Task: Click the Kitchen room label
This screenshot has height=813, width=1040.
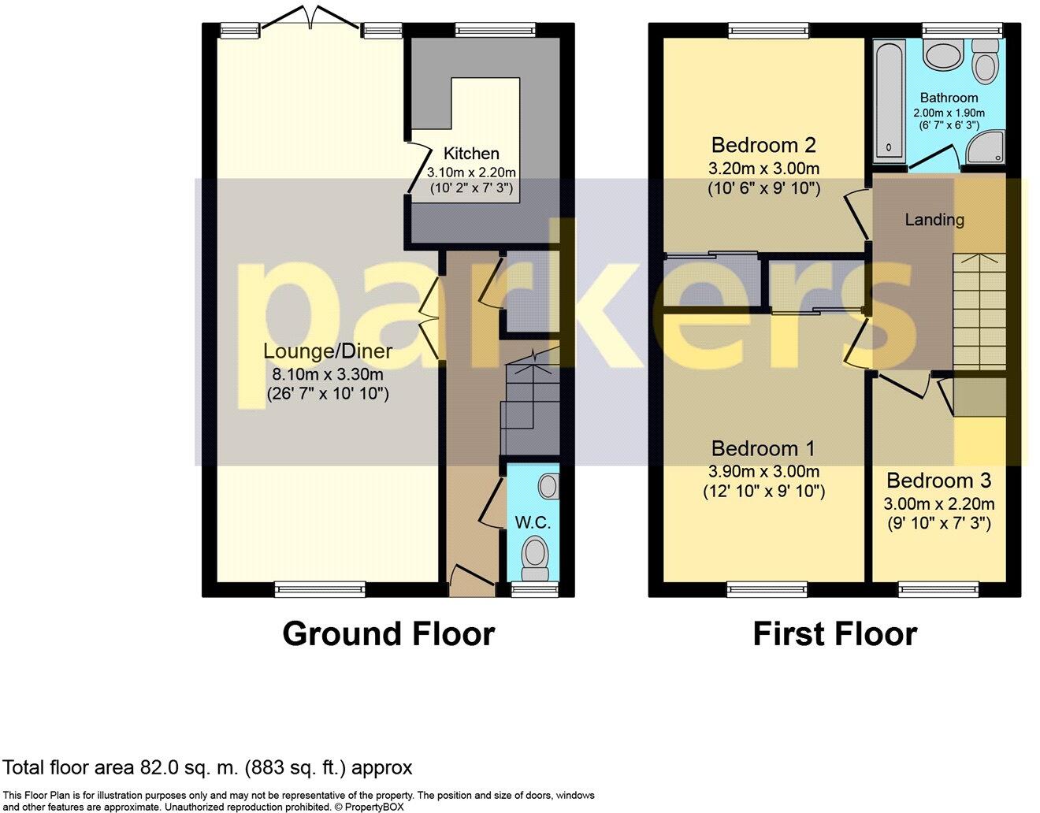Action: pyautogui.click(x=471, y=154)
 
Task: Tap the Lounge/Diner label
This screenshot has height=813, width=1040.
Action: pyautogui.click(x=328, y=351)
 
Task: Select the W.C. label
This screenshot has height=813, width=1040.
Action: pyautogui.click(x=533, y=523)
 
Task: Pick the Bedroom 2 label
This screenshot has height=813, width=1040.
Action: pyautogui.click(x=763, y=145)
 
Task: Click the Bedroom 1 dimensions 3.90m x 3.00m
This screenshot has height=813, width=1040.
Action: pyautogui.click(x=763, y=472)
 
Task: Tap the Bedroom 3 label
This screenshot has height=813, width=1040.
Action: pyautogui.click(x=938, y=481)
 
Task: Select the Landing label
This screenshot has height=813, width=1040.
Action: pyautogui.click(x=934, y=220)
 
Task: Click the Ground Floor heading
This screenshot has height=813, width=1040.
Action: pyautogui.click(x=388, y=634)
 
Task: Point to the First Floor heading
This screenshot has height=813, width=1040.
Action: pyautogui.click(x=835, y=634)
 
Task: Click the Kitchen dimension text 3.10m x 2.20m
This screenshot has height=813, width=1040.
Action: pyautogui.click(x=471, y=172)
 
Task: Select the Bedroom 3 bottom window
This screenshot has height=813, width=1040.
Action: pyautogui.click(x=939, y=588)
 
